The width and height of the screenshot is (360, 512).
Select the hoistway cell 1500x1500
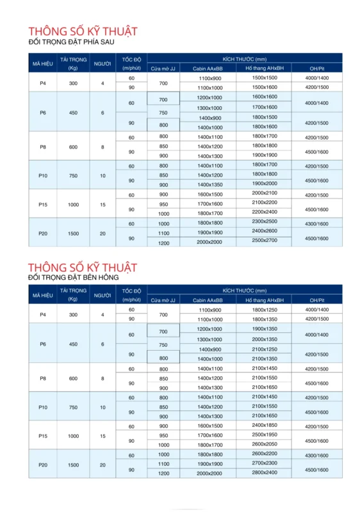pyautogui.click(x=265, y=77)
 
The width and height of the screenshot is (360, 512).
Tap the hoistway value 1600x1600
pyautogui.click(x=265, y=97)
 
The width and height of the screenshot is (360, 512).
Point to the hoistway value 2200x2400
pyautogui.click(x=265, y=211)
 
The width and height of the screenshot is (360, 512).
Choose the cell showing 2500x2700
pyautogui.click(x=265, y=240)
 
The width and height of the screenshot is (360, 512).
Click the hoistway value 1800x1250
pyautogui.click(x=265, y=310)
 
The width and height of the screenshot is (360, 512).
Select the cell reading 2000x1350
pyautogui.click(x=265, y=339)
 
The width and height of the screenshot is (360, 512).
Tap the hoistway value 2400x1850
pyautogui.click(x=265, y=425)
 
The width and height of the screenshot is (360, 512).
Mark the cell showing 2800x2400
pyautogui.click(x=265, y=472)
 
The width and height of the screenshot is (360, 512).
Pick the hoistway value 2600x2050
pyautogui.click(x=265, y=444)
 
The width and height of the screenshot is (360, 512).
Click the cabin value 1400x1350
pyautogui.click(x=209, y=184)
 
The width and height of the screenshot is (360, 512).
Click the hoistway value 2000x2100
pyautogui.click(x=265, y=193)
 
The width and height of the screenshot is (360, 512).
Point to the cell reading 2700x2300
pyautogui.click(x=265, y=462)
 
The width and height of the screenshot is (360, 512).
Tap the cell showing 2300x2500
pyautogui.click(x=265, y=221)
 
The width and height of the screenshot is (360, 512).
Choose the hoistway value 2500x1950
pyautogui.click(x=265, y=435)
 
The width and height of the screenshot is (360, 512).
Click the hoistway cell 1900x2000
pyautogui.click(x=265, y=183)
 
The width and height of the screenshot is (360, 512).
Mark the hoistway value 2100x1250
pyautogui.click(x=265, y=349)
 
